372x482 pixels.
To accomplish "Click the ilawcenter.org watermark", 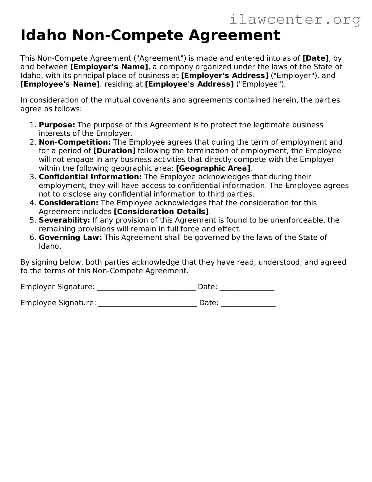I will [295, 20].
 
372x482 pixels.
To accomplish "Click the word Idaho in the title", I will [44, 35].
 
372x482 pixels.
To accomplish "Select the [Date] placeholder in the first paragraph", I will [316, 58].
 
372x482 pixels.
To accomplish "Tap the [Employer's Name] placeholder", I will [109, 67].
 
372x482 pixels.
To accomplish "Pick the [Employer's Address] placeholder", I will [225, 75].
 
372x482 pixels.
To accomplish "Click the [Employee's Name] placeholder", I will [60, 84].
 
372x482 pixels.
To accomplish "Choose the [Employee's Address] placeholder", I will [189, 84].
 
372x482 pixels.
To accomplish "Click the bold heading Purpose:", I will [57, 125].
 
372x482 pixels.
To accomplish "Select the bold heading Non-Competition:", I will [75, 142].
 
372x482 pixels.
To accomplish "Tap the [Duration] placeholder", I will [114, 151].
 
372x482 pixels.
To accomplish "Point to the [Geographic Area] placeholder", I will [213, 168].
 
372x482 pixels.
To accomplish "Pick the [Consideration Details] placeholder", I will [161, 211].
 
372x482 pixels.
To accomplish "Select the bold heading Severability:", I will [64, 220].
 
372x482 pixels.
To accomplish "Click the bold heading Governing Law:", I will [70, 237].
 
